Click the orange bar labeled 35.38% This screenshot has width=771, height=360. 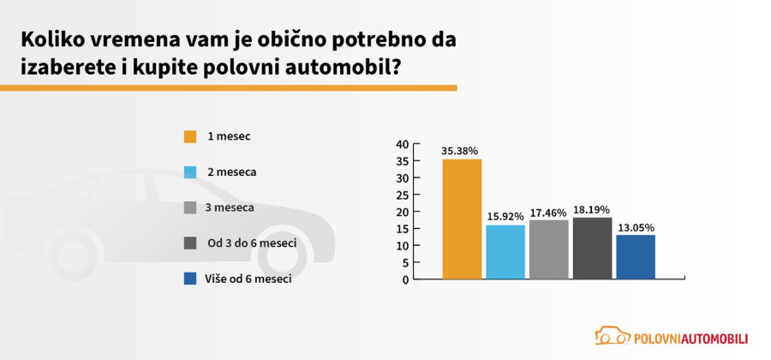(x=462, y=219)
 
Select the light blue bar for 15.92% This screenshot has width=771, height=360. (x=505, y=252)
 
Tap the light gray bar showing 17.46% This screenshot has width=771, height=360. (x=549, y=249)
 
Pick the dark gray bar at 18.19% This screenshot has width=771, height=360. (x=592, y=249)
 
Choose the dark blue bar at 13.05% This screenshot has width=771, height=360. (x=636, y=257)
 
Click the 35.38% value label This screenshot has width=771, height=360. (x=460, y=151)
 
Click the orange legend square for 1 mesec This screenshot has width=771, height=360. (x=190, y=136)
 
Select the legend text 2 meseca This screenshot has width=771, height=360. (x=232, y=172)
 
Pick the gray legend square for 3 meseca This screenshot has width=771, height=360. (x=190, y=207)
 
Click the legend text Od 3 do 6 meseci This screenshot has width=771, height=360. (x=252, y=243)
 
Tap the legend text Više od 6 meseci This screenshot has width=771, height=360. (x=249, y=279)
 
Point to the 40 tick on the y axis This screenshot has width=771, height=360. (x=402, y=144)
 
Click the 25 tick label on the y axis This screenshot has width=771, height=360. (x=402, y=195)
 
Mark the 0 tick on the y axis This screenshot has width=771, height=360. (x=405, y=279)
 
